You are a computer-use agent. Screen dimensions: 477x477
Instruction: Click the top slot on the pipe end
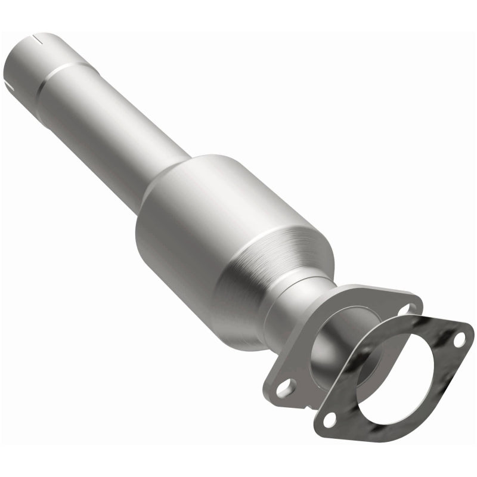[x=39, y=40]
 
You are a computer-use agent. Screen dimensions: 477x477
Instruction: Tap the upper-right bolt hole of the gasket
[x=459, y=340]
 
